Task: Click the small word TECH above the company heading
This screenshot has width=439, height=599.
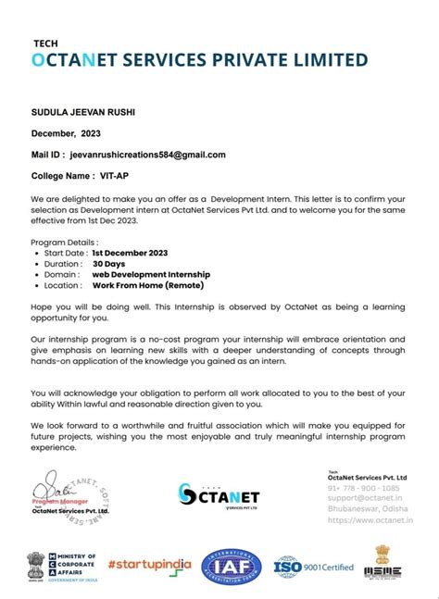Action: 44,43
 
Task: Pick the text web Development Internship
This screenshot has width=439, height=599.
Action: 151,275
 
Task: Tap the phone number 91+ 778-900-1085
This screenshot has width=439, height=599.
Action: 365,487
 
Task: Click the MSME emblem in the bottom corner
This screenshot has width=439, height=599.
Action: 388,563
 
